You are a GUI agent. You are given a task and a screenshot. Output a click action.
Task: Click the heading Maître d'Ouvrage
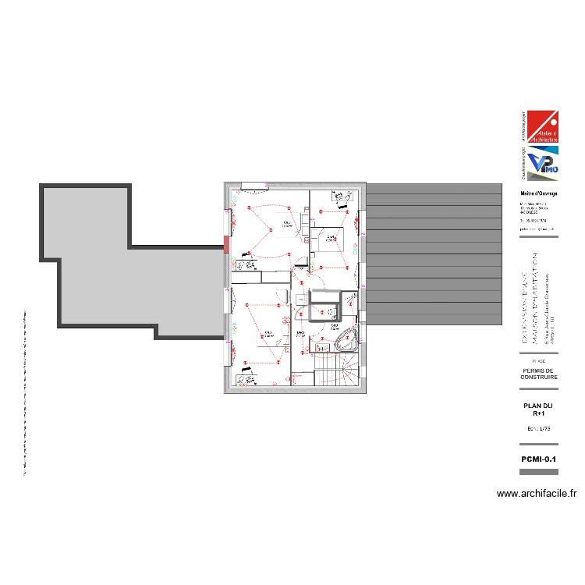click(x=538, y=193)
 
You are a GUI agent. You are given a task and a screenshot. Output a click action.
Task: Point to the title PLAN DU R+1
click(x=539, y=409)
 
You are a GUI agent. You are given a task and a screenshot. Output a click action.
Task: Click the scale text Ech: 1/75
click(x=539, y=430)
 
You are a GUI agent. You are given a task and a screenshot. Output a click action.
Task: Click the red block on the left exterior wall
click(x=227, y=245)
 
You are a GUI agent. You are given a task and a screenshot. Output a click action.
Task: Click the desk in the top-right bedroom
click(x=341, y=197)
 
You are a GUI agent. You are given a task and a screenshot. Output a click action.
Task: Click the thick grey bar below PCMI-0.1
click(x=539, y=472)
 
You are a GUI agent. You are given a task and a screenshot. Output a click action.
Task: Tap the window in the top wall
click(x=253, y=185)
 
